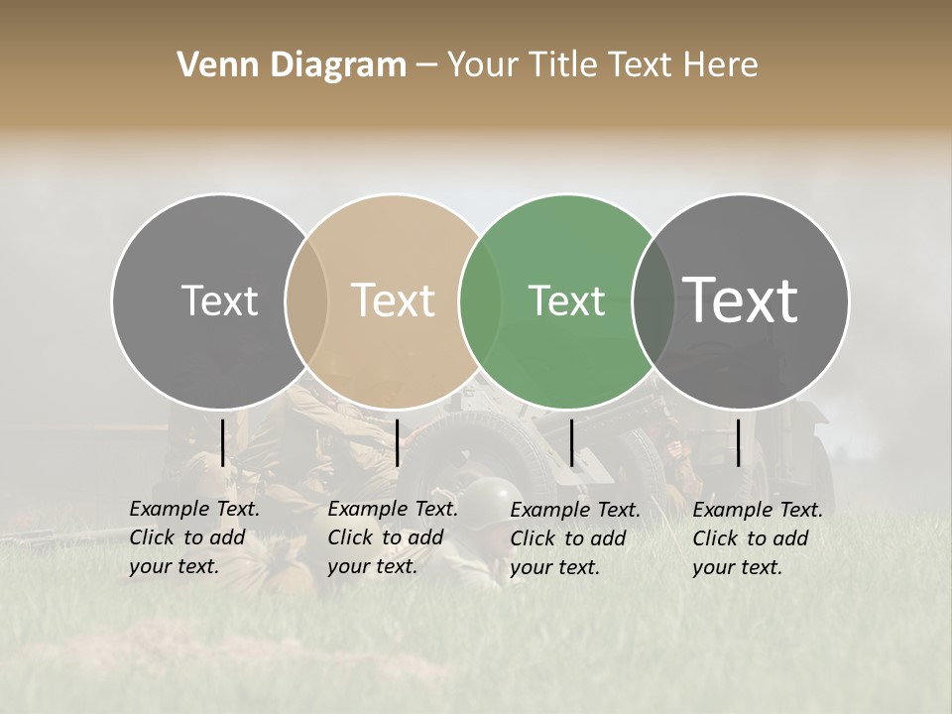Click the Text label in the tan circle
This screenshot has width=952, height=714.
(394, 300)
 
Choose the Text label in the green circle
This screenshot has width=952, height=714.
(566, 300)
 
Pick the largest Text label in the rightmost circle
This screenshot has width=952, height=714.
(741, 299)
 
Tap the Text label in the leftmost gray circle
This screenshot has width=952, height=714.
(219, 300)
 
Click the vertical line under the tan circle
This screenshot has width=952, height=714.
(397, 442)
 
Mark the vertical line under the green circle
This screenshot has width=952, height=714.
(571, 442)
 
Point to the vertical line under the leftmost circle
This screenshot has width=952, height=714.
(222, 442)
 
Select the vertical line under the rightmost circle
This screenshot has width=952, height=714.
(739, 442)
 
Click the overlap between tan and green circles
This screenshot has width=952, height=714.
(480, 300)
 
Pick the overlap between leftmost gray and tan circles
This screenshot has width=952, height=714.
(306, 300)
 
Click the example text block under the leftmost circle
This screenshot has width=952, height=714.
(193, 537)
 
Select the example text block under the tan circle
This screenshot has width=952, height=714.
(392, 537)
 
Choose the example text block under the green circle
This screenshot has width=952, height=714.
(574, 538)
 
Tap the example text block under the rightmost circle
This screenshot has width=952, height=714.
(757, 538)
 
